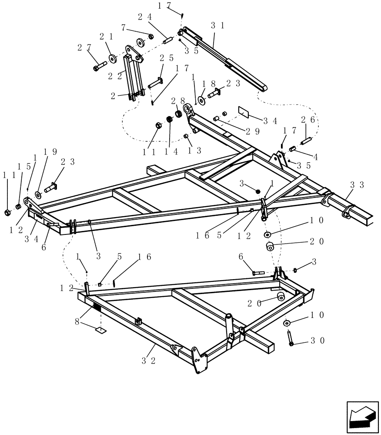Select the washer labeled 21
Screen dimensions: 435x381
coord(112,58)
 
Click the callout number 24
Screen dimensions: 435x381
coord(144,17)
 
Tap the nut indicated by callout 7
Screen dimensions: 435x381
coord(150,36)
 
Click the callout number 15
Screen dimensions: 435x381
coord(20,166)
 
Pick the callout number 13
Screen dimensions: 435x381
coord(194,151)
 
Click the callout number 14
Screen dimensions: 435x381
coord(171,152)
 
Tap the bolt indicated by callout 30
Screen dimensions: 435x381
coord(291,338)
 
